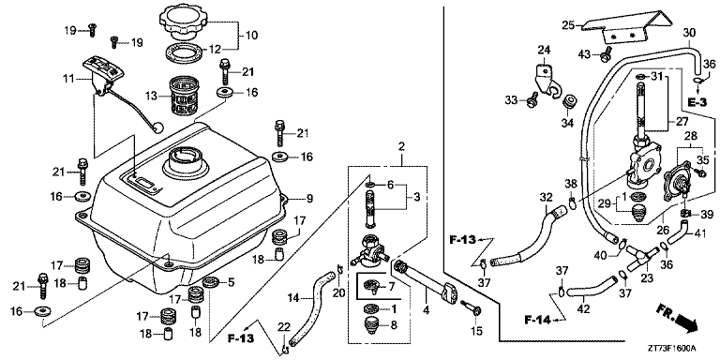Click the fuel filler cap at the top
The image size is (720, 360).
(x=188, y=18)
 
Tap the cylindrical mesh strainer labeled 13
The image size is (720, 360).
(x=184, y=95)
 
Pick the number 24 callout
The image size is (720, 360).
(x=543, y=50)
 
